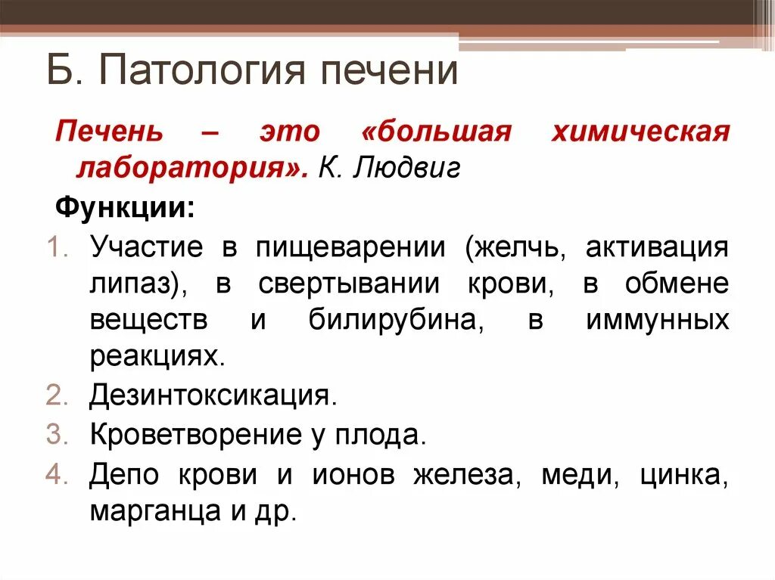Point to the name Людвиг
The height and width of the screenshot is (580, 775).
(420, 168)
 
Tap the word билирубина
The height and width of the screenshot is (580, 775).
(396, 321)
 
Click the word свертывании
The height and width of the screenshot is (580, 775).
(349, 284)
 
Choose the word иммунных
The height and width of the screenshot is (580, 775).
(657, 321)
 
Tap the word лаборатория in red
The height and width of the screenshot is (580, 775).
(187, 168)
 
